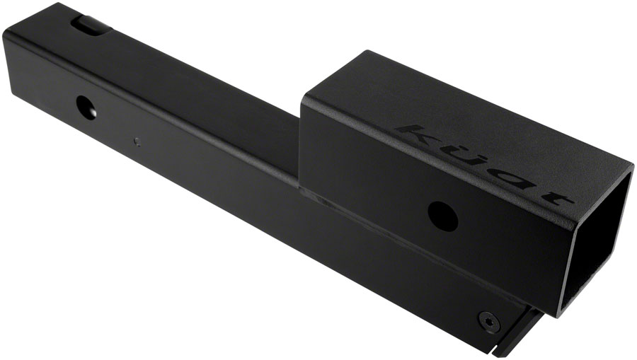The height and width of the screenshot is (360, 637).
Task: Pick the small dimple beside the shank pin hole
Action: [x=137, y=141]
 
